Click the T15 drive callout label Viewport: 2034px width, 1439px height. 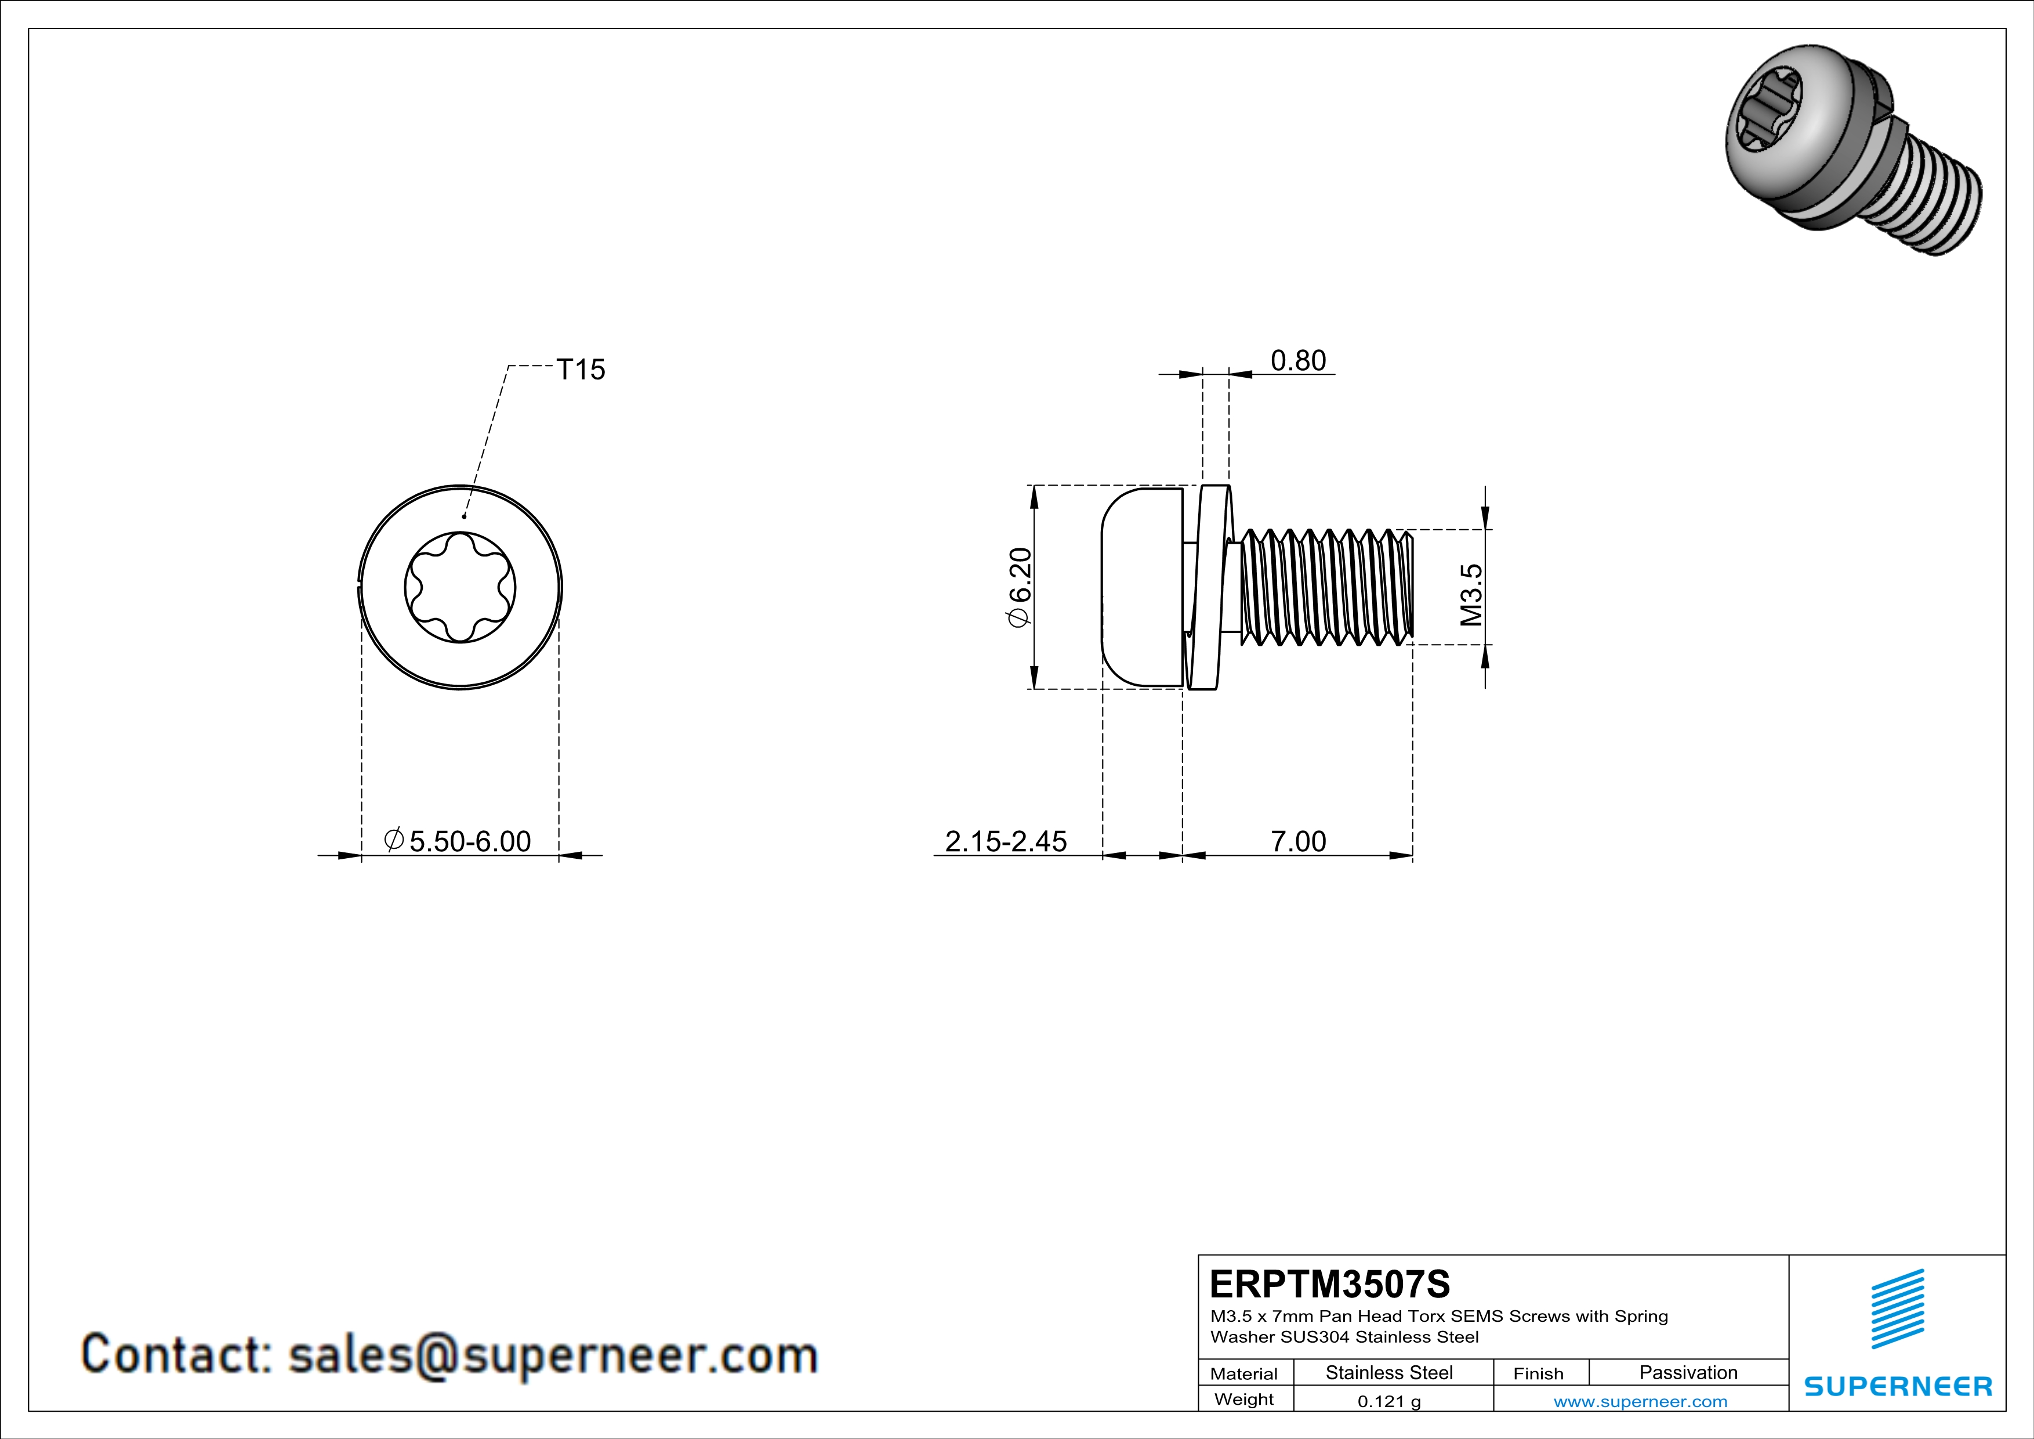pyautogui.click(x=580, y=370)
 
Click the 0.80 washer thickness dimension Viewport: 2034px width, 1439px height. pyautogui.click(x=1298, y=361)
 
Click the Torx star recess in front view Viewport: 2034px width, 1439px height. pyautogui.click(x=460, y=587)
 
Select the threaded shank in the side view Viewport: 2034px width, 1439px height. pyautogui.click(x=1325, y=587)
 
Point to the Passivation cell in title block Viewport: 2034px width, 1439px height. pyautogui.click(x=1688, y=1372)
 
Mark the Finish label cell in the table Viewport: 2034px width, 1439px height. pyautogui.click(x=1538, y=1373)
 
